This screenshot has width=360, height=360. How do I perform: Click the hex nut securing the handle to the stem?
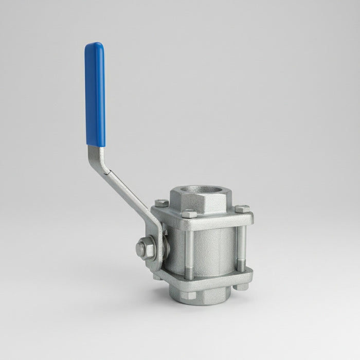point(143,249)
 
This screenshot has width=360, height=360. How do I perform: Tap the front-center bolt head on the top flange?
point(189,213)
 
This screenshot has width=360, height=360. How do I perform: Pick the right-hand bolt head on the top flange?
point(242,209)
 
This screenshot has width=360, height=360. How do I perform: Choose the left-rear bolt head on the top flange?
point(161,203)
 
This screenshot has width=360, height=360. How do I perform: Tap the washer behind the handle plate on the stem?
point(166,246)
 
